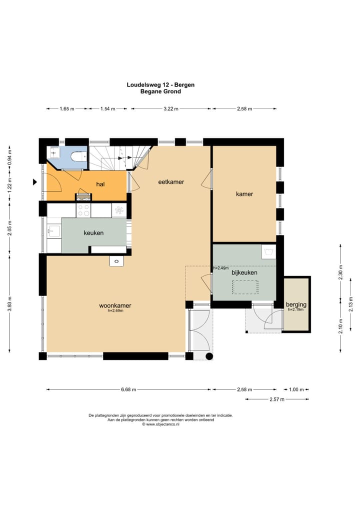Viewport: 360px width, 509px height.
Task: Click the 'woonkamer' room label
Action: [x=115, y=305]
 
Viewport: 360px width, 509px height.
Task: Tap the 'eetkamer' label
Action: [x=171, y=182]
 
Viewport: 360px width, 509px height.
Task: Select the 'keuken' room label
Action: [x=93, y=233]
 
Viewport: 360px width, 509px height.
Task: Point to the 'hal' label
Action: [x=100, y=184]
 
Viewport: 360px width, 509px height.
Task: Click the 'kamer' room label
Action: [x=244, y=194]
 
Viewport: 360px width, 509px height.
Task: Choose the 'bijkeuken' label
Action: [x=244, y=272]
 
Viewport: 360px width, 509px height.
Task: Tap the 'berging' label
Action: [x=296, y=304]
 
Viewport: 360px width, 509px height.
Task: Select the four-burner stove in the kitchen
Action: [x=83, y=210]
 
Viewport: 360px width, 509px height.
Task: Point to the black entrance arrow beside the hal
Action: [x=34, y=182]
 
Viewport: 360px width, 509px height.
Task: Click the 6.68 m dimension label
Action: [x=128, y=389]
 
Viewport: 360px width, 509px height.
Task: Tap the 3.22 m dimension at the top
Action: [x=171, y=108]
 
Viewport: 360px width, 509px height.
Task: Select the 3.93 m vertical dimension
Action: [x=9, y=304]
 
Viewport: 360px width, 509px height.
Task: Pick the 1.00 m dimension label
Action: [x=296, y=389]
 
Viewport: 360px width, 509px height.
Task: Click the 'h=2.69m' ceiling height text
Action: [x=115, y=310]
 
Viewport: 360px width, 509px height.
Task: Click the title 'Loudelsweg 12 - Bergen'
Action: [x=160, y=84]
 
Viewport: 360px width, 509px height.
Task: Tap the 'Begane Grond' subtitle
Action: [x=160, y=91]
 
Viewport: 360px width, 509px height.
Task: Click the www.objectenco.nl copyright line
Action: [x=160, y=424]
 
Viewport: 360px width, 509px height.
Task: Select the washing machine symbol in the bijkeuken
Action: [x=269, y=251]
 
